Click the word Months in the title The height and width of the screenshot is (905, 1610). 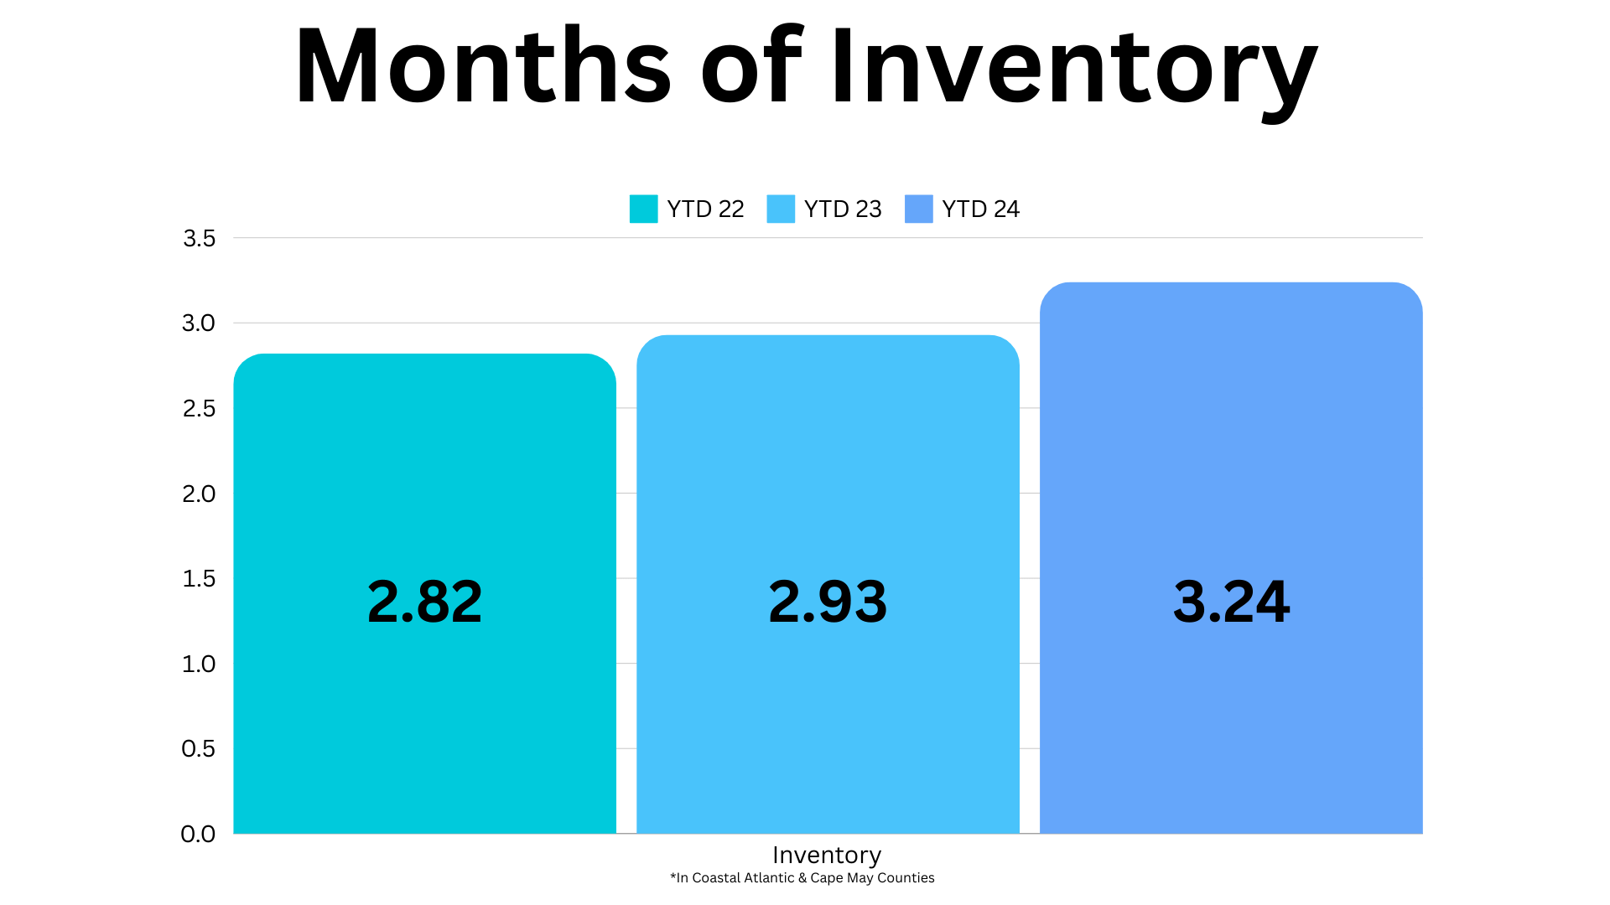click(x=484, y=66)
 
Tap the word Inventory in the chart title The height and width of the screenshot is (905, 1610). click(x=1074, y=74)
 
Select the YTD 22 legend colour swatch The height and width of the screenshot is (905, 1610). click(x=643, y=209)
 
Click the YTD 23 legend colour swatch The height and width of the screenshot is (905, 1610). click(x=781, y=209)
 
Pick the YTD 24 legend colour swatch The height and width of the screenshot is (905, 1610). click(x=919, y=209)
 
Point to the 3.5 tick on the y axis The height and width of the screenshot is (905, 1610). click(x=200, y=239)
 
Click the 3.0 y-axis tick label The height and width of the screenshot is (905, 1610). click(x=199, y=323)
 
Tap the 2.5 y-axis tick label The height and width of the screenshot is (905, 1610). click(x=200, y=409)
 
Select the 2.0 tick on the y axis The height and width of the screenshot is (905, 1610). click(x=199, y=494)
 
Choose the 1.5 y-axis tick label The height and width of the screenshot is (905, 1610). click(x=200, y=579)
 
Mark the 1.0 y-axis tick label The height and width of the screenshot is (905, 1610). click(x=200, y=665)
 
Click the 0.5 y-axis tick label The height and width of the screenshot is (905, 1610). click(x=199, y=749)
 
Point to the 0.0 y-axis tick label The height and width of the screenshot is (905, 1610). click(x=199, y=835)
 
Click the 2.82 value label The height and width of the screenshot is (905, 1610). click(x=425, y=602)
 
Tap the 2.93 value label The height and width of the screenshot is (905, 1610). click(x=828, y=602)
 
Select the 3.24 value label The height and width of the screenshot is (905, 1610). click(x=1231, y=602)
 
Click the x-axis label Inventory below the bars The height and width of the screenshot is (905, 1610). click(x=827, y=856)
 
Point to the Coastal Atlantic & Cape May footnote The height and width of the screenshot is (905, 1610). click(x=802, y=878)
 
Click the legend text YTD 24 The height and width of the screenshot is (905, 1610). click(x=981, y=209)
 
